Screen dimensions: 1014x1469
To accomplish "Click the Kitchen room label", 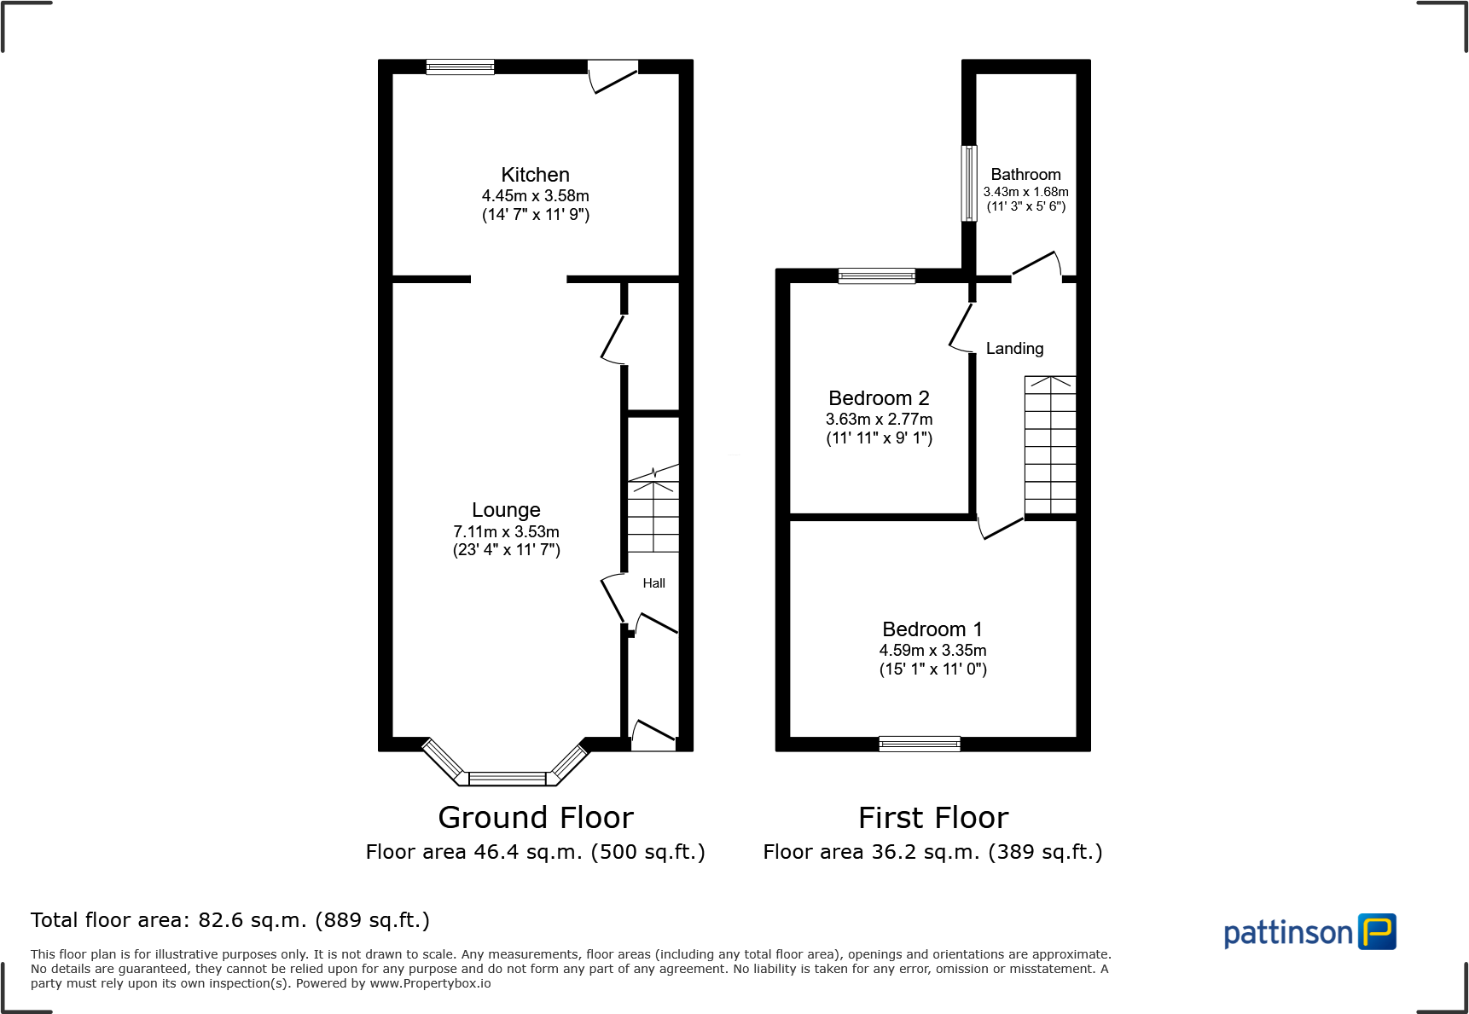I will [535, 175].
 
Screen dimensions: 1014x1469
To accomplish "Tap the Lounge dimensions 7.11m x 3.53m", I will [506, 531].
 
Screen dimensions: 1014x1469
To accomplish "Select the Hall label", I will [653, 583].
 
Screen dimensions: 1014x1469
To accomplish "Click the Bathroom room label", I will [1025, 174].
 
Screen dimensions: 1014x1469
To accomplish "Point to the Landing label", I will [1014, 348].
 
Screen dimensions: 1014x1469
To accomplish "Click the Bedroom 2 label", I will [879, 398].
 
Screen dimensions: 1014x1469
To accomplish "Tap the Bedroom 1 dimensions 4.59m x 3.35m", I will [932, 650].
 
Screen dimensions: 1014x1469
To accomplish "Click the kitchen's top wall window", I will [460, 67].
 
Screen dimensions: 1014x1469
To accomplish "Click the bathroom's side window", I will [969, 183].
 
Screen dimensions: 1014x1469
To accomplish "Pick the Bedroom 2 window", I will [876, 275].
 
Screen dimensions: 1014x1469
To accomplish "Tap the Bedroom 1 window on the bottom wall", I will [919, 744].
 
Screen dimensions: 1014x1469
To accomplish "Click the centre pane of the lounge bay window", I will [507, 778].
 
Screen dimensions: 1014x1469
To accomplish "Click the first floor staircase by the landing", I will [1050, 446].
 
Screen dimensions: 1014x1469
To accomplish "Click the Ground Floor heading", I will [536, 817].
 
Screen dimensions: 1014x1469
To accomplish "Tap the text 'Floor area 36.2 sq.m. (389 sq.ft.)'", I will [932, 852].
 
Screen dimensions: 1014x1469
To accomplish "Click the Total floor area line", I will [230, 920].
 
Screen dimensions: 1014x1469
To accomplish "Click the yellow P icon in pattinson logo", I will [1377, 931].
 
